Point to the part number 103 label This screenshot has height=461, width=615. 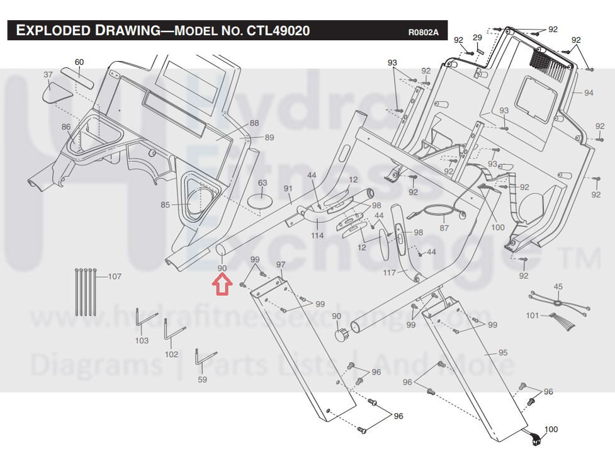(142, 341)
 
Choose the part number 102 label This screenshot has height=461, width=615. (171, 355)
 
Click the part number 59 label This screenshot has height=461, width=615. (202, 380)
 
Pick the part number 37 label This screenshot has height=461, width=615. (48, 74)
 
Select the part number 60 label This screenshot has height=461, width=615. (79, 62)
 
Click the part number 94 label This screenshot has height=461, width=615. (588, 93)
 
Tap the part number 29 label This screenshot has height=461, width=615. (477, 37)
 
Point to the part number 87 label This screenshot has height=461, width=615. (444, 228)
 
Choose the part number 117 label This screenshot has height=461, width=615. (390, 273)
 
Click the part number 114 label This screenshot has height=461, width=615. (317, 236)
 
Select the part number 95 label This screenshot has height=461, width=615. (502, 353)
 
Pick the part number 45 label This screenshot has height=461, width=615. (558, 287)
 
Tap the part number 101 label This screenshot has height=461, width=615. (533, 315)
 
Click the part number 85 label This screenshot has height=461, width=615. (166, 205)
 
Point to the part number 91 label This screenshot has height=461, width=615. (288, 188)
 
